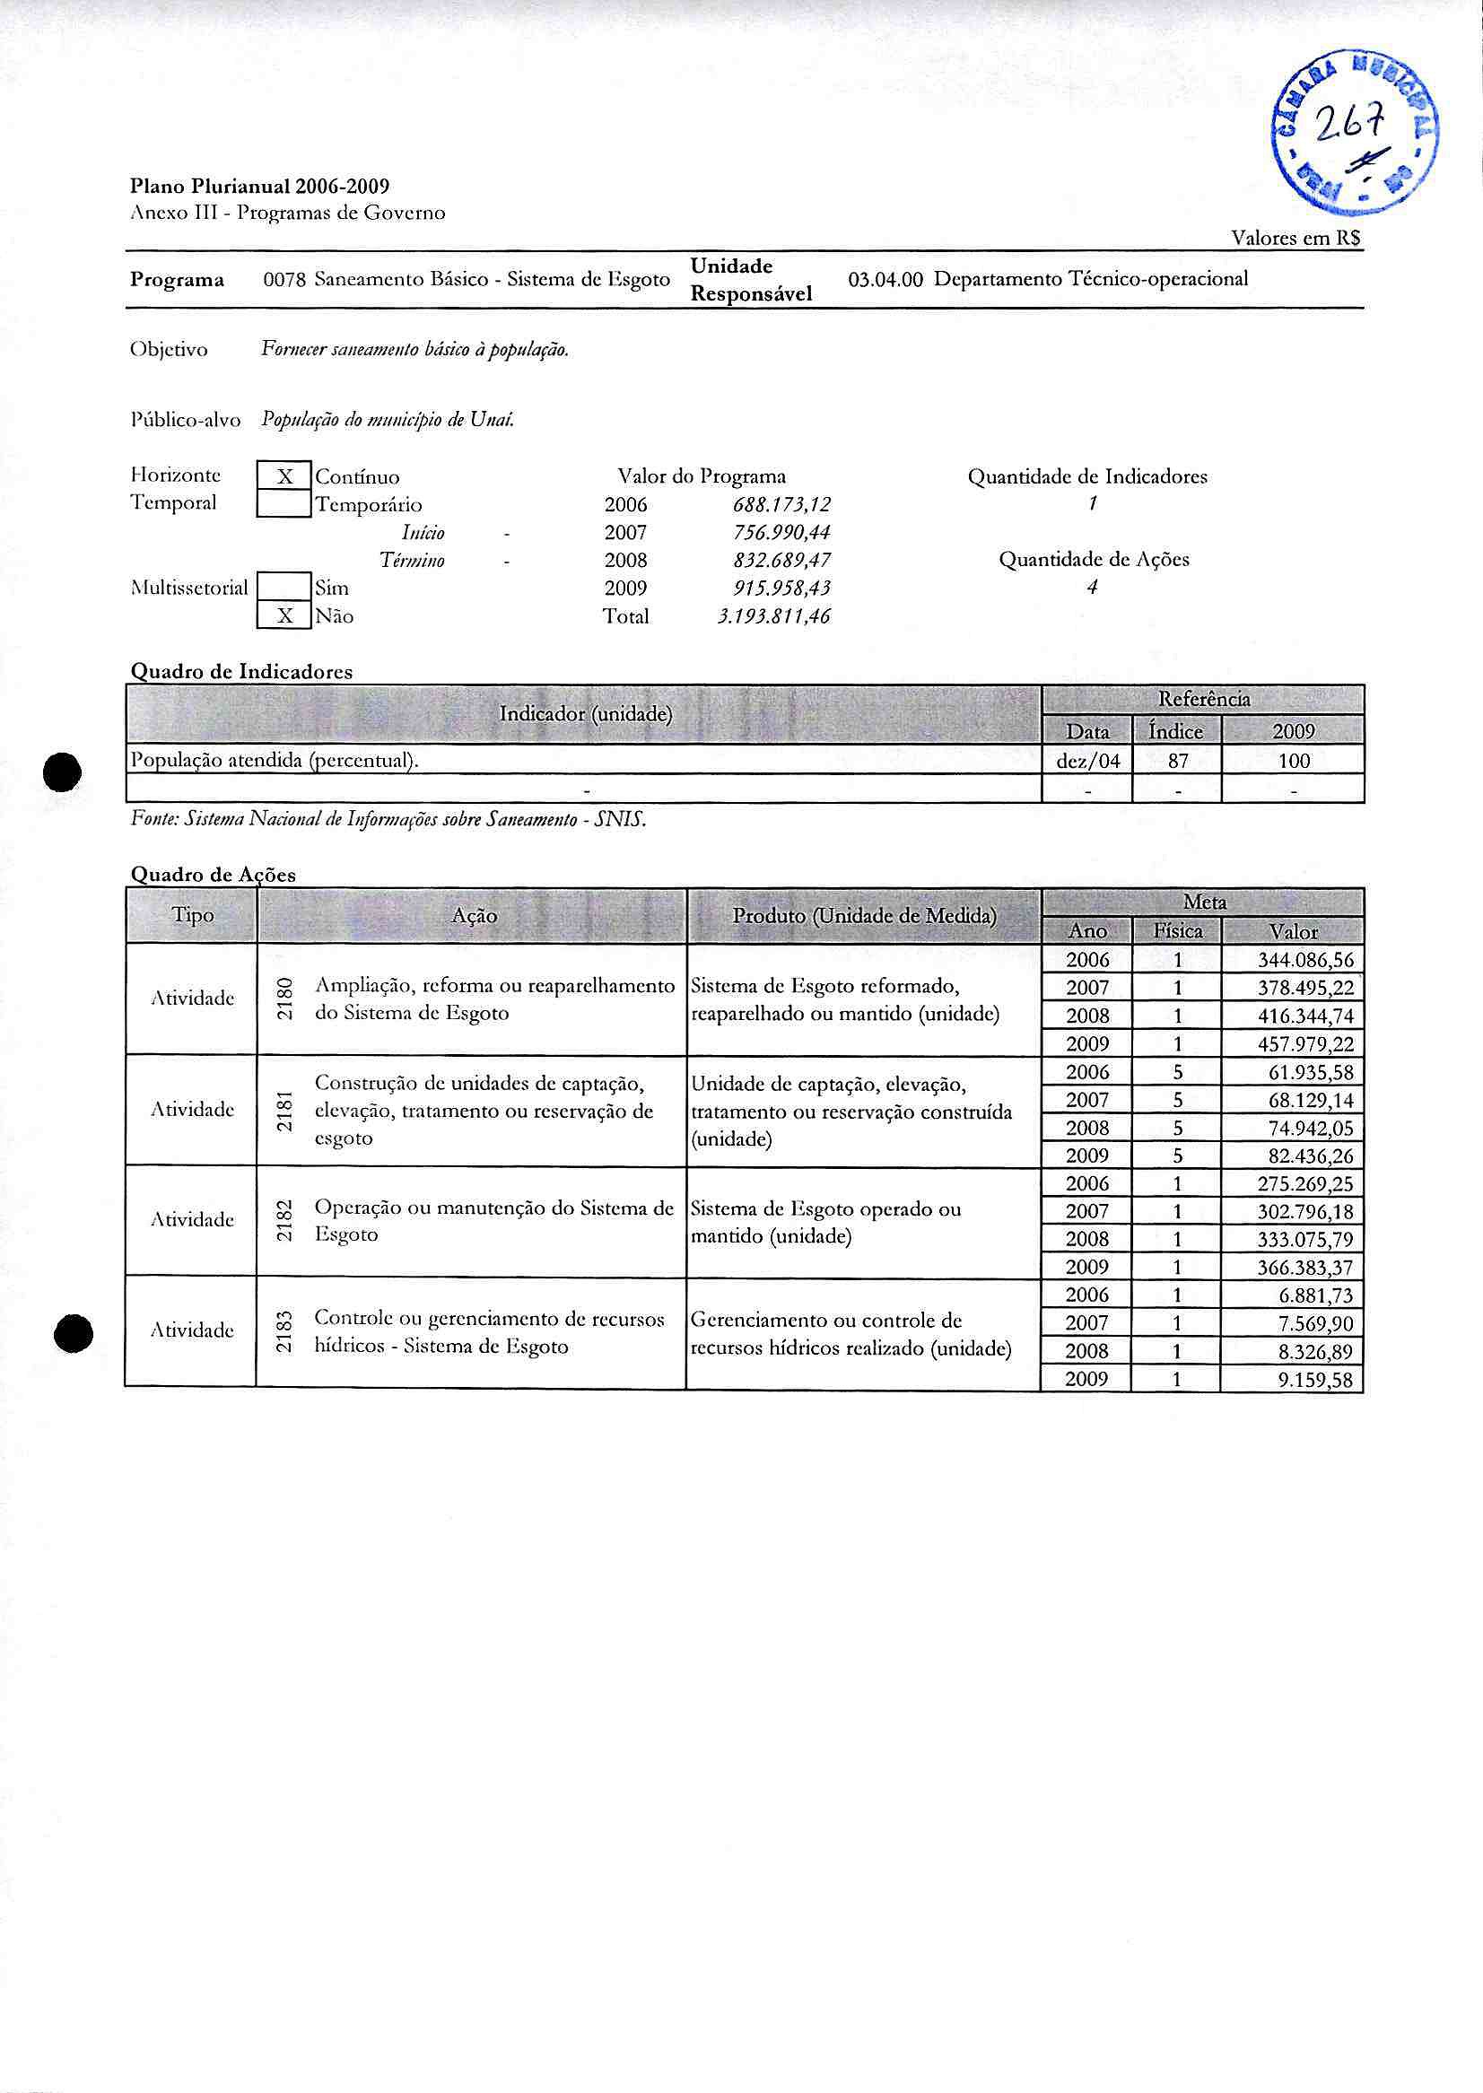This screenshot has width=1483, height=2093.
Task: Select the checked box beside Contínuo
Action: click(285, 476)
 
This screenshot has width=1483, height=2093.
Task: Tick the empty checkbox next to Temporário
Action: click(285, 504)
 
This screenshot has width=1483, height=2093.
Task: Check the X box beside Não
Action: click(285, 616)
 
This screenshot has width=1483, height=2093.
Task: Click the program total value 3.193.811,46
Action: click(773, 616)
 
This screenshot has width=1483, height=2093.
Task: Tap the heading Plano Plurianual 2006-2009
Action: click(260, 187)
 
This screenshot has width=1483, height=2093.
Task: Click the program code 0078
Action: click(284, 279)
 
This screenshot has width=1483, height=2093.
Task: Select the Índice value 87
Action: click(1177, 761)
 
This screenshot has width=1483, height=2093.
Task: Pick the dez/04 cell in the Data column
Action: click(1086, 761)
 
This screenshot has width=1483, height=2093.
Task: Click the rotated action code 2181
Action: click(285, 1111)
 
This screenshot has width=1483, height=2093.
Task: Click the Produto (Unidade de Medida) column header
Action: click(864, 915)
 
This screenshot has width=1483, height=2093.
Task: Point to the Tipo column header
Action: click(193, 915)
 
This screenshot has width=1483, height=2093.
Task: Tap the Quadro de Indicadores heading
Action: click(242, 671)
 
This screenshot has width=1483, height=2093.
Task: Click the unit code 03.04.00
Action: click(885, 279)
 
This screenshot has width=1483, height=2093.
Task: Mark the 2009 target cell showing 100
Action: click(1294, 761)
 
